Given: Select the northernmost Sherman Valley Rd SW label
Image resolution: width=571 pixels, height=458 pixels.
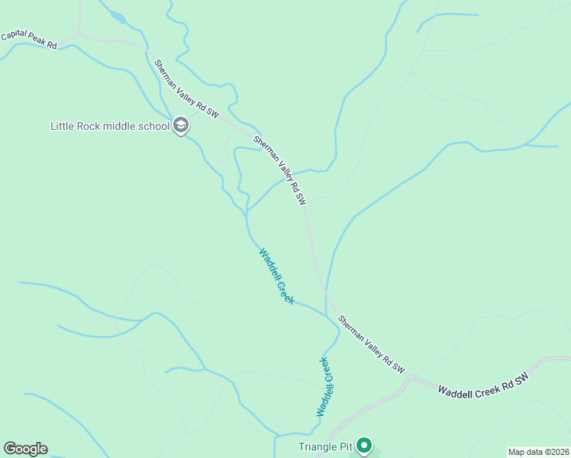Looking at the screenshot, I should click(x=186, y=89).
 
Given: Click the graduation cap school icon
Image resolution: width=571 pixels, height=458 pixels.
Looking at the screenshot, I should click(x=181, y=125).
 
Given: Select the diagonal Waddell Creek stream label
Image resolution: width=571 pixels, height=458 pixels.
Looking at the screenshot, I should click(x=276, y=276).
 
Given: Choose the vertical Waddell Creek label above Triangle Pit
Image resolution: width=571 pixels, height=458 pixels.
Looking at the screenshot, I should click(x=326, y=386).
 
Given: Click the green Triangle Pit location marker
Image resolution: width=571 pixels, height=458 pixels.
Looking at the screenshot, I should click(x=365, y=444).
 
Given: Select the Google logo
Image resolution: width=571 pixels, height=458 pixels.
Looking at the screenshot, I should click(x=25, y=449).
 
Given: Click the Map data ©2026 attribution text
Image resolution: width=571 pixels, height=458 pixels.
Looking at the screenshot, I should click(x=538, y=452).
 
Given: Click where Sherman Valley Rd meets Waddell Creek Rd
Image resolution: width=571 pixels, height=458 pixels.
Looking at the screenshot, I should click(x=410, y=376).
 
